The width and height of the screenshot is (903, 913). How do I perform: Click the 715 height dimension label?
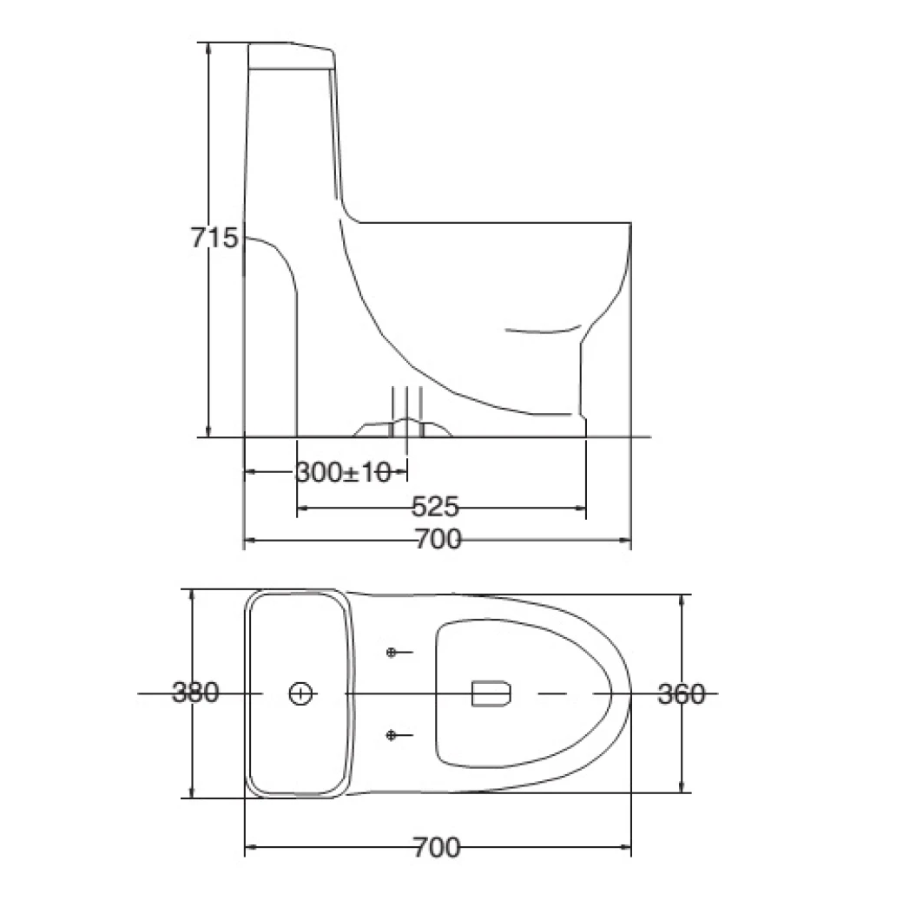[214, 237]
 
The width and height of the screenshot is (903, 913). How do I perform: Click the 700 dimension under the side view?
[437, 540]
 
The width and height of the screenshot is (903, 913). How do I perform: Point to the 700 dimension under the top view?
[437, 847]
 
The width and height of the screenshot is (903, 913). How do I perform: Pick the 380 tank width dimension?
[195, 693]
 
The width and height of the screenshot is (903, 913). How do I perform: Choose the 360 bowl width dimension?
[681, 694]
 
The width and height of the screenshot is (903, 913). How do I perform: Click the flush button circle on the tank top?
[300, 693]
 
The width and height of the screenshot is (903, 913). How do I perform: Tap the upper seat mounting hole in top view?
[392, 652]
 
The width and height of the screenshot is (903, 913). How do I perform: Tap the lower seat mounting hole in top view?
[392, 736]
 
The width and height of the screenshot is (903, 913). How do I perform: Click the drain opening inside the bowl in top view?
[491, 693]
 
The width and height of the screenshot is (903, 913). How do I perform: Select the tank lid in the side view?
[292, 55]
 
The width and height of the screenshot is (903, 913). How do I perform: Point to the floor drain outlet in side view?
[406, 427]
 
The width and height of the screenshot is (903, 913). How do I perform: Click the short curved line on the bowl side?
[543, 331]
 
